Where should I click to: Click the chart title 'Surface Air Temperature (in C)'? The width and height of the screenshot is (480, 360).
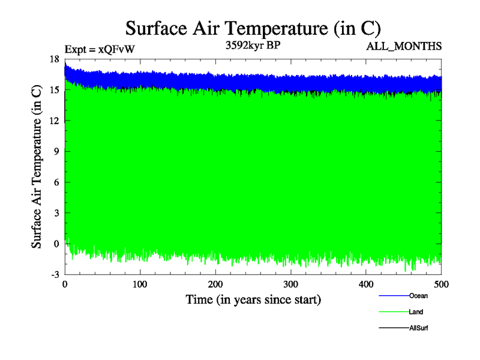253,28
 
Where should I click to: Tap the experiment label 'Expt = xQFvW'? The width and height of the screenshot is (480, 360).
99,50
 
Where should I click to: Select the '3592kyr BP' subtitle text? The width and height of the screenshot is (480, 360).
252,45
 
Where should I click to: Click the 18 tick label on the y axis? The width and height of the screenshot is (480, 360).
54,59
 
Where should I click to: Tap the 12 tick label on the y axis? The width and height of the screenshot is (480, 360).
54,121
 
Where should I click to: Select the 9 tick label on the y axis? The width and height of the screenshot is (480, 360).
56,152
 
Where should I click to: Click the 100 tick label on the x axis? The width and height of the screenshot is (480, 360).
140,283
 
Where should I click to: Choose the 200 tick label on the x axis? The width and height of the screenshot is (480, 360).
215,283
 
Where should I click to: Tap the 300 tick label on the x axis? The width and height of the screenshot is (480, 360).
291,283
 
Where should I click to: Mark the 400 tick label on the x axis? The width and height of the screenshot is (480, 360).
366,283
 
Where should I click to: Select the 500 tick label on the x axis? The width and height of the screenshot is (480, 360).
441,283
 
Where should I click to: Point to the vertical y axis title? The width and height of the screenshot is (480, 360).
37,167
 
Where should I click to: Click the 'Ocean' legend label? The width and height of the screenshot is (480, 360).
418,296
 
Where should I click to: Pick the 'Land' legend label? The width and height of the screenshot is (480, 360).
416,312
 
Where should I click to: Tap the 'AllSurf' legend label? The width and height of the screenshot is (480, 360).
418,328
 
